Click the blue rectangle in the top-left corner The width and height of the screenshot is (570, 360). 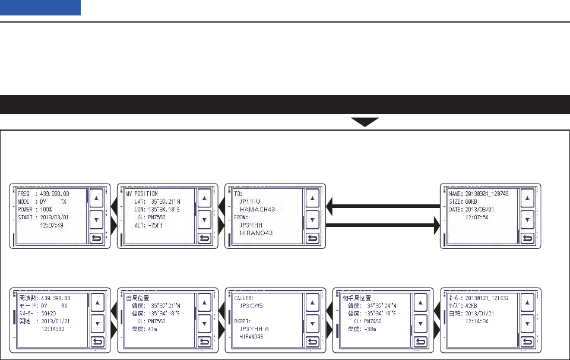click(x=40, y=8)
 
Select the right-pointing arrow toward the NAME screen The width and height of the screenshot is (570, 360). click(x=379, y=226)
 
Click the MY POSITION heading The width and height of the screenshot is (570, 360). click(x=142, y=194)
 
